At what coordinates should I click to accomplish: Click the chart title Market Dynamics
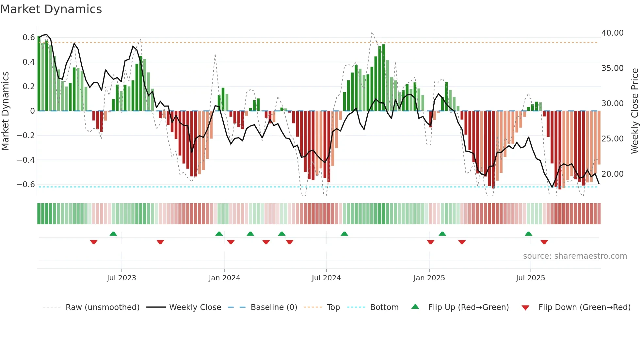click(51, 9)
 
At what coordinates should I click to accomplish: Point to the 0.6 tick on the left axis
click(29, 38)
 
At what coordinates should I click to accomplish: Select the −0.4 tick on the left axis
click(26, 160)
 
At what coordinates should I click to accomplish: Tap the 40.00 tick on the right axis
click(612, 33)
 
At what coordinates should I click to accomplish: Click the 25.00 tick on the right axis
click(612, 139)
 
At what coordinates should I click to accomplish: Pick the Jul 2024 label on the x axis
click(326, 278)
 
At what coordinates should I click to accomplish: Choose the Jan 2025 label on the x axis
click(429, 278)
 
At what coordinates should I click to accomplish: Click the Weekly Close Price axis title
click(634, 111)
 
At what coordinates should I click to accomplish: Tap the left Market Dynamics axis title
click(5, 111)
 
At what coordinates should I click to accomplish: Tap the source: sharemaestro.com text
click(575, 256)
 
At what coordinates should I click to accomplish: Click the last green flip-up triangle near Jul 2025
click(528, 234)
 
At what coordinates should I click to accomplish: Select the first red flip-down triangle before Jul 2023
click(94, 242)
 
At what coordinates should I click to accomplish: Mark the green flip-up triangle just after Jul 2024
click(344, 234)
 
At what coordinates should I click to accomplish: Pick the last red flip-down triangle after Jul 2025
click(544, 242)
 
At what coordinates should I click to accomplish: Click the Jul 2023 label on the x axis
click(121, 278)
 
